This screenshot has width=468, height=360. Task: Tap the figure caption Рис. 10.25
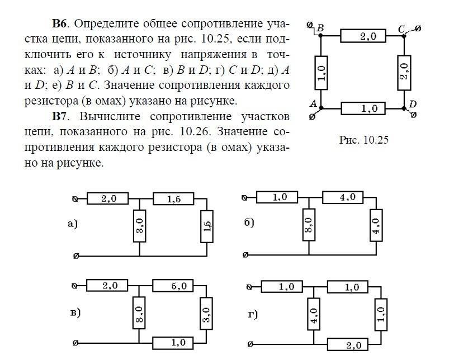(x=364, y=140)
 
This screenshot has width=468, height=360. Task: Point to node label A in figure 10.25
(x=313, y=103)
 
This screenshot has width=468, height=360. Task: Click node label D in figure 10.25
(x=413, y=104)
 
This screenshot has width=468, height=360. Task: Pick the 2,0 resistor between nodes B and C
(x=363, y=36)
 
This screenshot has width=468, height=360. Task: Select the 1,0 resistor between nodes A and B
(x=321, y=73)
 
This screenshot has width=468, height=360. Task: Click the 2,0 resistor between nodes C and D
(x=404, y=73)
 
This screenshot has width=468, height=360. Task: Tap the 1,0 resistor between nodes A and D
(x=363, y=108)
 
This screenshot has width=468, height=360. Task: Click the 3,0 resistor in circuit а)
(x=139, y=226)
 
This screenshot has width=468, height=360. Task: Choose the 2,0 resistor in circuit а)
(x=108, y=198)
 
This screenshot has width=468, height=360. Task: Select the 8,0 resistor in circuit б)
(x=309, y=225)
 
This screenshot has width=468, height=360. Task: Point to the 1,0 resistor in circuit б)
(x=277, y=197)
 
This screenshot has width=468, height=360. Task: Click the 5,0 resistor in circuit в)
(x=173, y=286)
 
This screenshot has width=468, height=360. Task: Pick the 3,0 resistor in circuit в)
(x=206, y=314)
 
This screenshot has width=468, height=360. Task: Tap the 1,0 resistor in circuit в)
(x=173, y=343)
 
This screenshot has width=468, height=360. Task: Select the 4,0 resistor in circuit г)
(x=314, y=314)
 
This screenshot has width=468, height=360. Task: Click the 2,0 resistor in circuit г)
(x=348, y=344)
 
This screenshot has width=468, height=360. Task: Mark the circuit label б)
(x=249, y=222)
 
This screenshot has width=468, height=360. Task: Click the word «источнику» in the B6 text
(x=143, y=55)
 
